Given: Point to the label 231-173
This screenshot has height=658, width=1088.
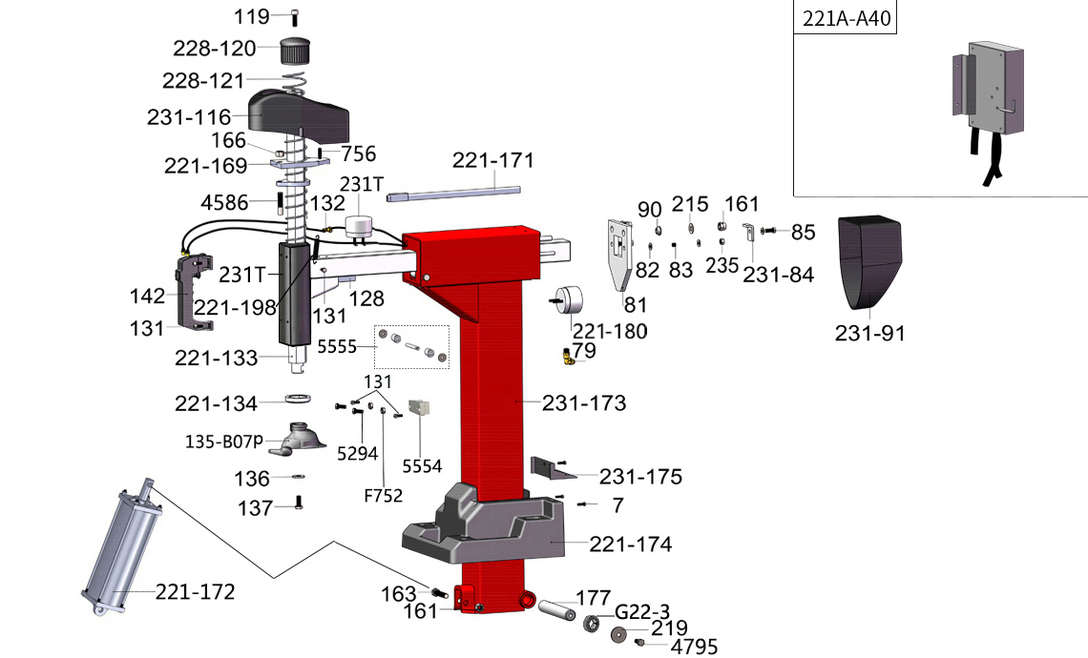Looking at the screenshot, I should tap(584, 403).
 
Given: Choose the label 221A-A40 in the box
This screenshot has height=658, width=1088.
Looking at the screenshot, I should tap(846, 18).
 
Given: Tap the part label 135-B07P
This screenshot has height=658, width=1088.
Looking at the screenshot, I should tap(223, 442).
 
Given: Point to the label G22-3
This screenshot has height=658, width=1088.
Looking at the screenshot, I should tap(642, 610).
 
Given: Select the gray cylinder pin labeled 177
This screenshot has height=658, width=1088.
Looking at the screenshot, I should tap(555, 607).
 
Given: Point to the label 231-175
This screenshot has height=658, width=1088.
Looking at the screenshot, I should tap(640, 477).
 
